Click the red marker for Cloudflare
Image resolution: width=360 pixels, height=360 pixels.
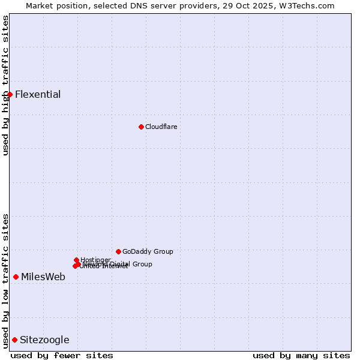click(x=141, y=127)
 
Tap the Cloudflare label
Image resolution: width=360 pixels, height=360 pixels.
click(x=161, y=127)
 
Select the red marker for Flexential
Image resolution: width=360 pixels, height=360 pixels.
click(x=10, y=94)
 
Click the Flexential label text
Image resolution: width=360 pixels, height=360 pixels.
click(x=38, y=94)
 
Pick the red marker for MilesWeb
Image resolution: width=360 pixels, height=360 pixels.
click(x=16, y=277)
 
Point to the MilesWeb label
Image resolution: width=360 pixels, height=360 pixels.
click(x=43, y=277)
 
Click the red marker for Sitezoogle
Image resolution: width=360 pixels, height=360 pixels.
click(x=14, y=340)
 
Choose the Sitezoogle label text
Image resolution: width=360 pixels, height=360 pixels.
click(x=44, y=340)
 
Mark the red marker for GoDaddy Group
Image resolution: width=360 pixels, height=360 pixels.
click(x=118, y=251)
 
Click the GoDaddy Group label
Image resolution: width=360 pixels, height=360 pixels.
click(x=148, y=251)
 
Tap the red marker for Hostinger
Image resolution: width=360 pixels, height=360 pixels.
click(x=76, y=260)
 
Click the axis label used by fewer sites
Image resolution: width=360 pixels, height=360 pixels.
click(x=62, y=355)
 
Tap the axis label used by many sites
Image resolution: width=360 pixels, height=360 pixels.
click(x=301, y=355)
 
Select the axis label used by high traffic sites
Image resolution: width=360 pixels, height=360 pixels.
click(x=5, y=85)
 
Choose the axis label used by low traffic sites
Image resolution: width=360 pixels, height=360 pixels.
click(x=5, y=280)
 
